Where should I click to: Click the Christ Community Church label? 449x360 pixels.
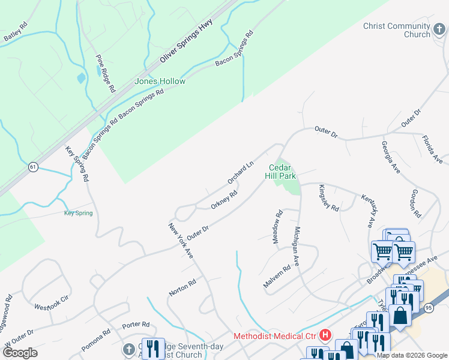(x=397, y=30)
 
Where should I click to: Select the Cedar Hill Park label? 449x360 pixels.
(x=282, y=172)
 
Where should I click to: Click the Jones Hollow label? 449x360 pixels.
(x=160, y=81)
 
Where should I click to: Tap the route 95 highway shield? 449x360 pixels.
(x=444, y=308)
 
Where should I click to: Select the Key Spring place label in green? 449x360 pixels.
(x=79, y=213)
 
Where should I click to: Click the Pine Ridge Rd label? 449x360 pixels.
(x=105, y=73)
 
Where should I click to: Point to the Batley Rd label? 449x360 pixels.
(x=16, y=32)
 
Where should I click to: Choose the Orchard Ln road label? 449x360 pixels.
(x=241, y=173)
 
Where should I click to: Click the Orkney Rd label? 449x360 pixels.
(x=224, y=200)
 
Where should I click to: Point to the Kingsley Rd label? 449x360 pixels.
(x=329, y=198)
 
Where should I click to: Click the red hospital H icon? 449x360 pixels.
(x=325, y=334)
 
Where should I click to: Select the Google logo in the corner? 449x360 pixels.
(x=20, y=353)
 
